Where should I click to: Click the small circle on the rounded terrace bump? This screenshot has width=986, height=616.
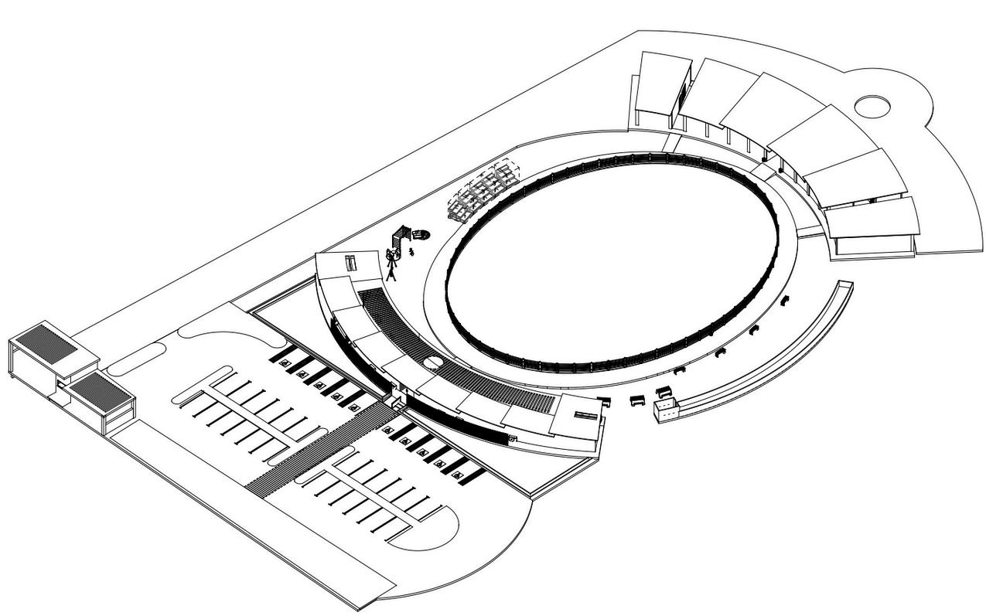pos(872,106)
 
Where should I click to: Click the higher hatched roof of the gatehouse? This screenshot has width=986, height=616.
pos(48,341)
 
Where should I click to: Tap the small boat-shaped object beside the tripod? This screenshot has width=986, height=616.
pos(420,233)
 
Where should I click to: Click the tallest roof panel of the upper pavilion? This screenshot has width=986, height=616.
pos(662,83)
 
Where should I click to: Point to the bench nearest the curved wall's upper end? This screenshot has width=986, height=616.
pos(784,300)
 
